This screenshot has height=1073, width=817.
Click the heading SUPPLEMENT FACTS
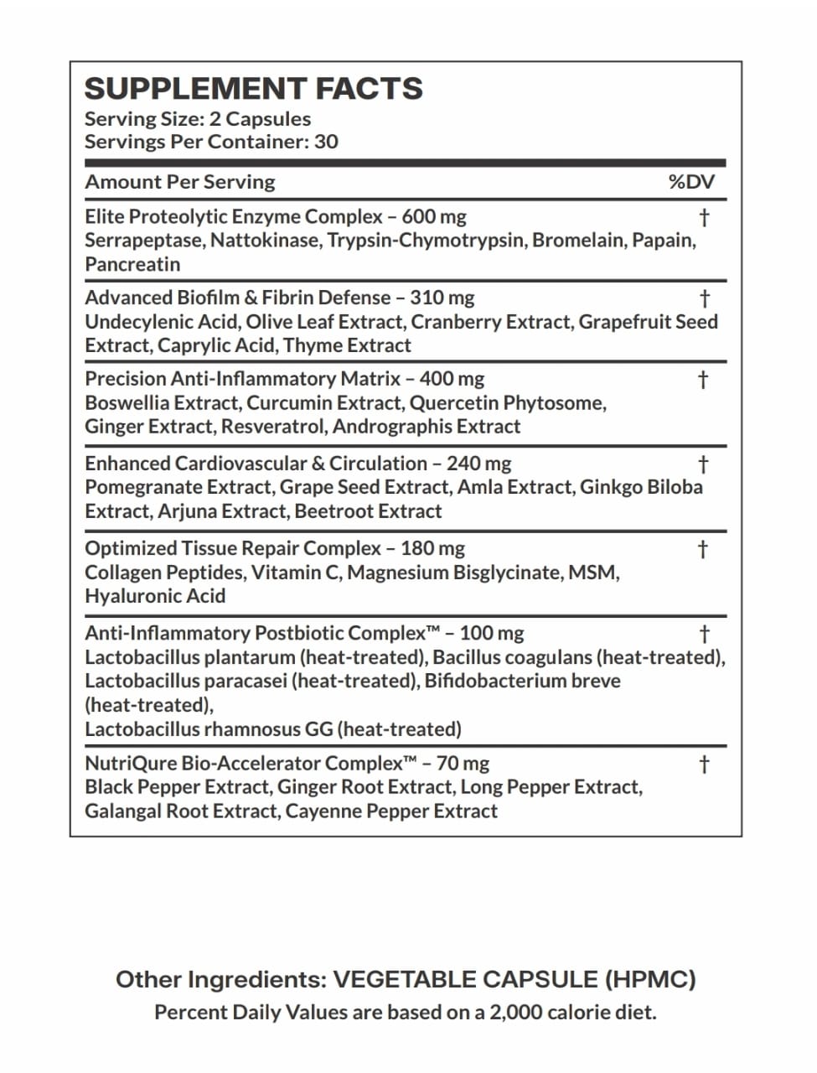(x=253, y=89)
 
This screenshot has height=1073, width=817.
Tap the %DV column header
(x=691, y=182)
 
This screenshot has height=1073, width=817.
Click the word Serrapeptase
(x=143, y=241)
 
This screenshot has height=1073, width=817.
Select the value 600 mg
(x=434, y=217)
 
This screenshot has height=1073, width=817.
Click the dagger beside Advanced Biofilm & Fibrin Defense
(x=704, y=298)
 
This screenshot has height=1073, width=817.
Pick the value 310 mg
(x=442, y=298)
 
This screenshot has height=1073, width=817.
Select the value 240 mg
(x=478, y=464)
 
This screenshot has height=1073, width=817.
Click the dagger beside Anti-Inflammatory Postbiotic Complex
(x=704, y=634)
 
